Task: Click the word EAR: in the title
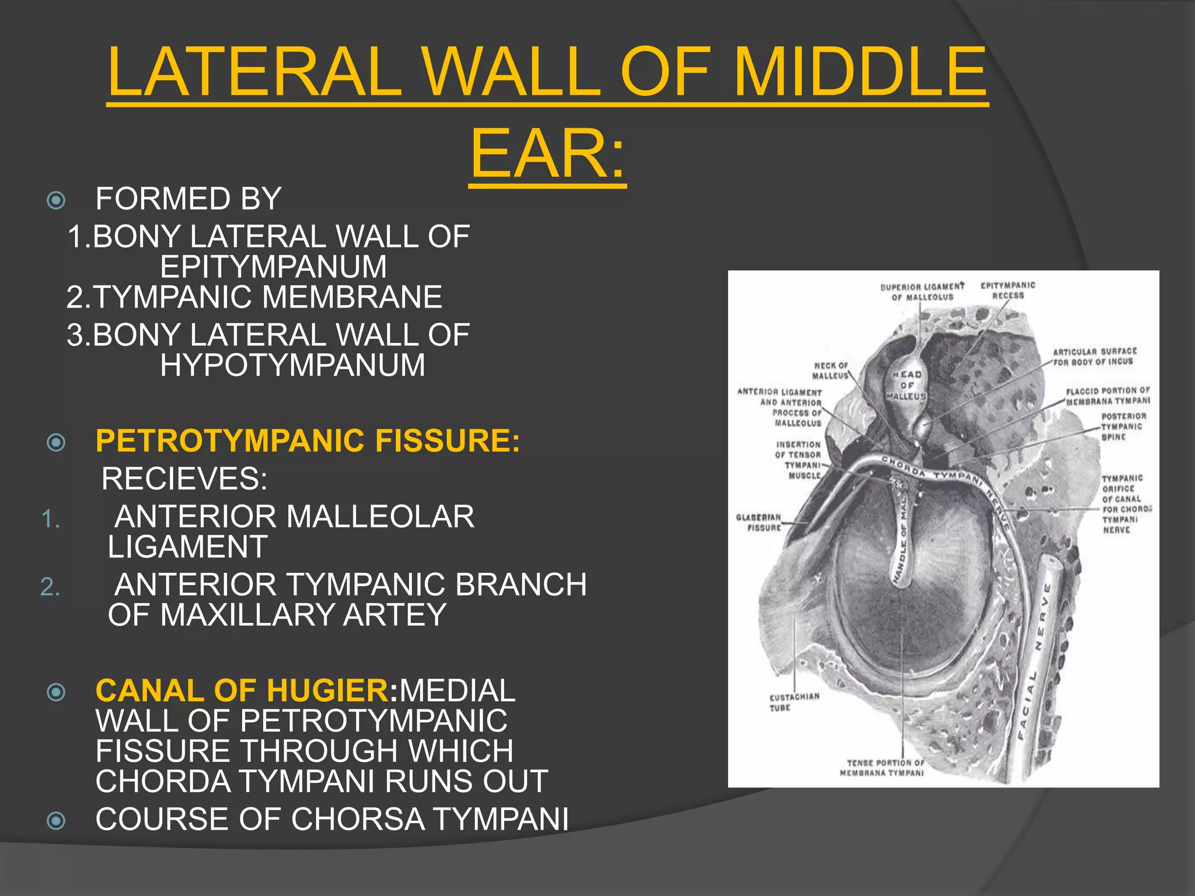(547, 155)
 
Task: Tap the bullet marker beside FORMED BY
(56, 201)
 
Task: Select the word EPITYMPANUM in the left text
(273, 267)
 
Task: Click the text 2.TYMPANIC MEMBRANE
(254, 297)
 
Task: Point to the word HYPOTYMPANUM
(292, 366)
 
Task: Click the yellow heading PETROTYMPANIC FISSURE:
(308, 440)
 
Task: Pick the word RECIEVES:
(184, 479)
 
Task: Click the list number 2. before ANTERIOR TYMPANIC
(50, 587)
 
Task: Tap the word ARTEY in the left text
(394, 615)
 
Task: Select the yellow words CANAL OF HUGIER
(242, 691)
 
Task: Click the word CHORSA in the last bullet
(358, 819)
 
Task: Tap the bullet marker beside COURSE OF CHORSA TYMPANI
(56, 821)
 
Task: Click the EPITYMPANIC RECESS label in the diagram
(1008, 290)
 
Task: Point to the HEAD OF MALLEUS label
(906, 386)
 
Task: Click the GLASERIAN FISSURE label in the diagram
(759, 523)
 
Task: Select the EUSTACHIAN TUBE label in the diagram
(794, 702)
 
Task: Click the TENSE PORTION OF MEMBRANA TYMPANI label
(882, 768)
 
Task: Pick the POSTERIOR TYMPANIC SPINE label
(1123, 426)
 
